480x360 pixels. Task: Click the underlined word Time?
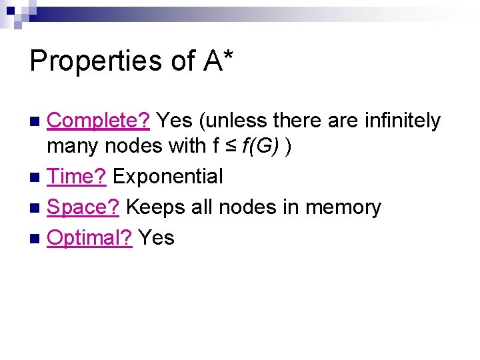point(77,177)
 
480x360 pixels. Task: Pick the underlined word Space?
point(83,207)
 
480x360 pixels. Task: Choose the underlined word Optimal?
point(89,237)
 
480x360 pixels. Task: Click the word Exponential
point(167,177)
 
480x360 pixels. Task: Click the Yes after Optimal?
point(156,237)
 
